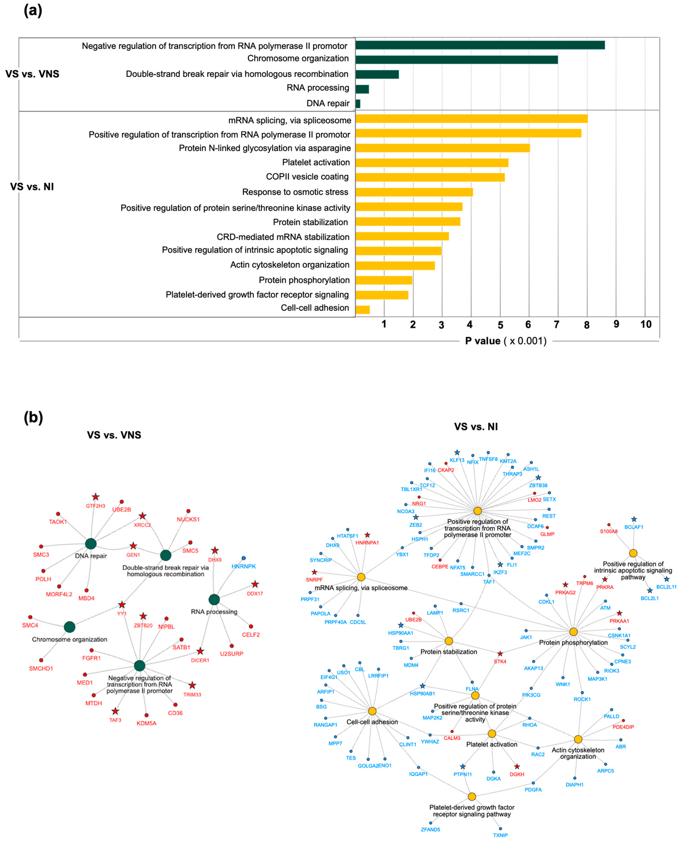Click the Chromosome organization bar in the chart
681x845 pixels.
click(456, 60)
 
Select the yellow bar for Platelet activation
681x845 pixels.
click(432, 163)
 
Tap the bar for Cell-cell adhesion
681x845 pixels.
click(362, 310)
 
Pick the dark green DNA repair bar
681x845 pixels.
click(358, 104)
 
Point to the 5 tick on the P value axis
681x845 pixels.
click(500, 325)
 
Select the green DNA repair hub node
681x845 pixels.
click(91, 544)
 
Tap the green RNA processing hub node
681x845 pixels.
click(214, 599)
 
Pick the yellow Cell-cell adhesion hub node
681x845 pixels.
click(372, 711)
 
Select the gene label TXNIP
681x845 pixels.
click(500, 835)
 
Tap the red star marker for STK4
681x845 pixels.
click(500, 654)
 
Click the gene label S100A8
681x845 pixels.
click(608, 532)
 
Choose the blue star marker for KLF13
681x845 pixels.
click(457, 453)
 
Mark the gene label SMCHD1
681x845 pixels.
click(41, 669)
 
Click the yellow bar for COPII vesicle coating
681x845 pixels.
click(430, 177)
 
